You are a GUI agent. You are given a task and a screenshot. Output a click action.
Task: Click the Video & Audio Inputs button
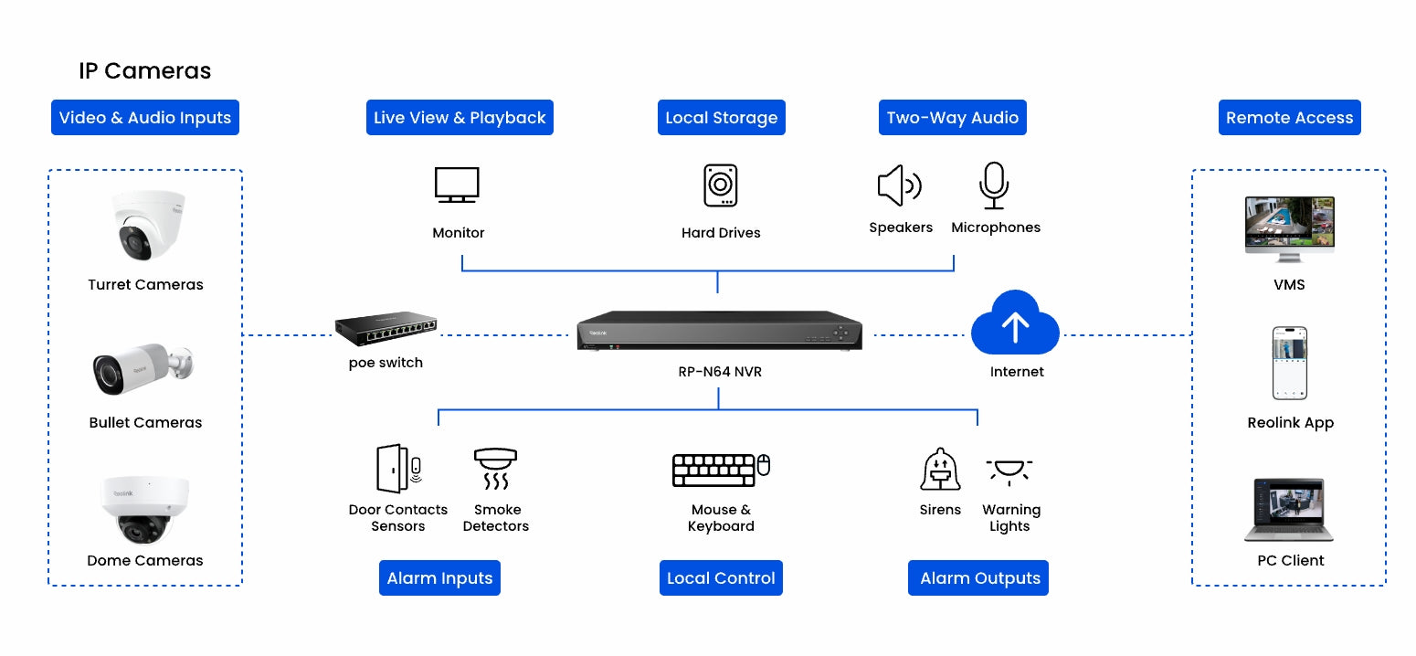point(144,118)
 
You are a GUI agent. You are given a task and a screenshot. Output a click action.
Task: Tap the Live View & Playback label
point(460,118)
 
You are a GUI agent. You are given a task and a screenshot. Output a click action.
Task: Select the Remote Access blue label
point(1290,118)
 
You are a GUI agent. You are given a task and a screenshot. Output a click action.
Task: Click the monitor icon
point(457,185)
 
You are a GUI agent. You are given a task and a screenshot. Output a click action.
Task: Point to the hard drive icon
point(721,185)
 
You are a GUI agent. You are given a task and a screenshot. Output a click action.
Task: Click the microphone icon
point(994,185)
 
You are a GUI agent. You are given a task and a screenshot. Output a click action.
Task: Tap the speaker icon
point(899,185)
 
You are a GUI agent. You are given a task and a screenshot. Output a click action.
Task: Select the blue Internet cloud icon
point(1015,323)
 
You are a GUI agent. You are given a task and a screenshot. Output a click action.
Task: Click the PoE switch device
point(386,329)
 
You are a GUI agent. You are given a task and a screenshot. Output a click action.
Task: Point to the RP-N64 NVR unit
point(719,330)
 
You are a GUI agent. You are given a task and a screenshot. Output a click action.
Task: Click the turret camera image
point(148,226)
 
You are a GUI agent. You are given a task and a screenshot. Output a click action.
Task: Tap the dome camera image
point(144,510)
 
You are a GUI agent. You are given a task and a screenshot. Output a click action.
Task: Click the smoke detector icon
point(495,469)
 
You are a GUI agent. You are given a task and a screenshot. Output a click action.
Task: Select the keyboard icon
point(713,471)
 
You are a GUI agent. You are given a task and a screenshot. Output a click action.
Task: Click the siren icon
point(940,469)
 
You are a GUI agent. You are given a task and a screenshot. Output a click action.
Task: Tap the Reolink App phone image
point(1290,363)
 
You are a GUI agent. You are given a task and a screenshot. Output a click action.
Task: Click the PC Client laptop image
point(1289,510)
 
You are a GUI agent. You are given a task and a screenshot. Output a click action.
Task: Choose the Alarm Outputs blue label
point(977,577)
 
